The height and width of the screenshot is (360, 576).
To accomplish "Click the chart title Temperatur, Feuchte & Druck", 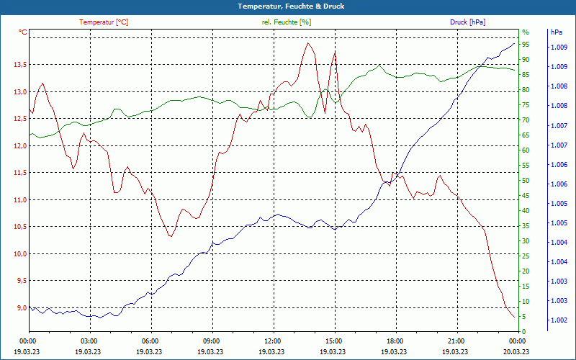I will [x=287, y=6].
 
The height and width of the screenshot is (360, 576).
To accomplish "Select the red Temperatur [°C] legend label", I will [x=104, y=22].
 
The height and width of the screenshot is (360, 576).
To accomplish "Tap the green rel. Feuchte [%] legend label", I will [x=287, y=22].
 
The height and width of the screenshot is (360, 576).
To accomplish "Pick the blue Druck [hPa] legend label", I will [x=467, y=22].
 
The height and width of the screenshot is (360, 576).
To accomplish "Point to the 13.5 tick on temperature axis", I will [x=19, y=65].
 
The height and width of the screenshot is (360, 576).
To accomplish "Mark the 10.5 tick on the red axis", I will [x=19, y=227].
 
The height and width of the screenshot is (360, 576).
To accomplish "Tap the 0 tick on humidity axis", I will [x=524, y=332].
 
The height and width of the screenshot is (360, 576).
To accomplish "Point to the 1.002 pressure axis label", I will [x=558, y=320].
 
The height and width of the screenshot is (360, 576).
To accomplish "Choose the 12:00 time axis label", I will [x=273, y=341].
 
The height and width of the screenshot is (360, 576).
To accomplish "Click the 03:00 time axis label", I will [x=89, y=341].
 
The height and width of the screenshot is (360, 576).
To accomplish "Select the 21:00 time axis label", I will [x=456, y=341].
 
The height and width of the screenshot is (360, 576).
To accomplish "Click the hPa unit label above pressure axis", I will [x=556, y=32].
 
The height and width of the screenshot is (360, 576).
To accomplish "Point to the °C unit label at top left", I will [x=23, y=32].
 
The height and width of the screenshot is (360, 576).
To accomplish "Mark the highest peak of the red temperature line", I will [x=308, y=43].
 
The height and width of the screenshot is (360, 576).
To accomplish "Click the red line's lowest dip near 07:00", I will [x=171, y=236].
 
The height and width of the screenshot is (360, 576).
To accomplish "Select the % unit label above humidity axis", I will [x=525, y=32].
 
